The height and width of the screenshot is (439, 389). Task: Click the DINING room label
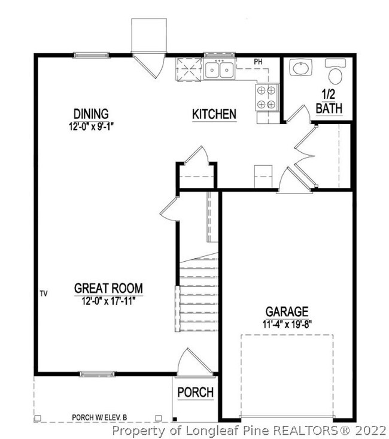tap(91, 113)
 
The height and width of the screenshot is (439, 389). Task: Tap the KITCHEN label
tap(214, 114)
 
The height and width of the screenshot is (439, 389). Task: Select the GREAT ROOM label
tap(108, 288)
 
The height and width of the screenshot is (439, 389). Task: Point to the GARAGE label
tap(287, 311)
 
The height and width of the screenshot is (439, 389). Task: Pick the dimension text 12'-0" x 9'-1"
tap(91, 126)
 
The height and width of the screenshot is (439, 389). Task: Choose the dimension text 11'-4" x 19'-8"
tap(287, 325)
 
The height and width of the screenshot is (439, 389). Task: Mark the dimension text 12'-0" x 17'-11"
tap(108, 301)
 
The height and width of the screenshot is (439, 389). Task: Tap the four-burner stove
tap(268, 97)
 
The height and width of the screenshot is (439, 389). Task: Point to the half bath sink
tap(300, 68)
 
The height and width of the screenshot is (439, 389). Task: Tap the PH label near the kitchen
tap(259, 62)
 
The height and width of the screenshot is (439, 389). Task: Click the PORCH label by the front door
tap(195, 392)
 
